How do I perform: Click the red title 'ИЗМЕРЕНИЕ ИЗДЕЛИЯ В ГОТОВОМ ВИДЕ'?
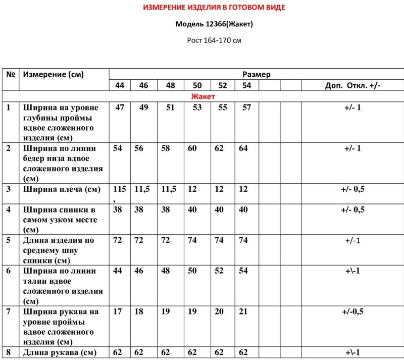tap(214, 8)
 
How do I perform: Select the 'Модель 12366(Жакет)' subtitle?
tap(214, 24)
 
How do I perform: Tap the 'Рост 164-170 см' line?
tap(214, 40)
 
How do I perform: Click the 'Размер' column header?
tap(257, 74)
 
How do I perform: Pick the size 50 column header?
tap(197, 85)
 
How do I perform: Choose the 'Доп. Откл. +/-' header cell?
tap(352, 85)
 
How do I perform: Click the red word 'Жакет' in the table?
tap(203, 96)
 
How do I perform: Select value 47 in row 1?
tap(120, 108)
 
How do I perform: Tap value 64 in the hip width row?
tap(243, 148)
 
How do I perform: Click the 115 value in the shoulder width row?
tap(120, 189)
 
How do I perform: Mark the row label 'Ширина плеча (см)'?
tap(61, 189)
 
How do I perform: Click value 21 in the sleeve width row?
tap(243, 312)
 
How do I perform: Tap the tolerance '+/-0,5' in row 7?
tap(352, 312)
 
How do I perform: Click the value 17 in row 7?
tap(118, 312)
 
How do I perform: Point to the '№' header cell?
tap(10, 74)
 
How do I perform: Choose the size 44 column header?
tap(120, 85)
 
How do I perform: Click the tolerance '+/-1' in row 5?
tap(352, 240)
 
